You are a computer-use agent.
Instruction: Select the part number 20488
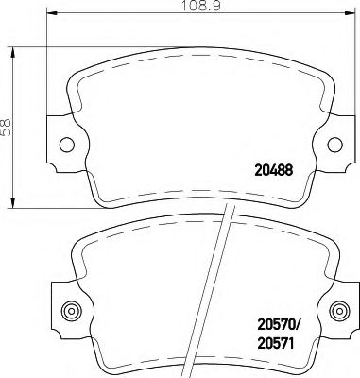(x=275, y=171)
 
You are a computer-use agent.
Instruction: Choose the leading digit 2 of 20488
(x=258, y=171)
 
